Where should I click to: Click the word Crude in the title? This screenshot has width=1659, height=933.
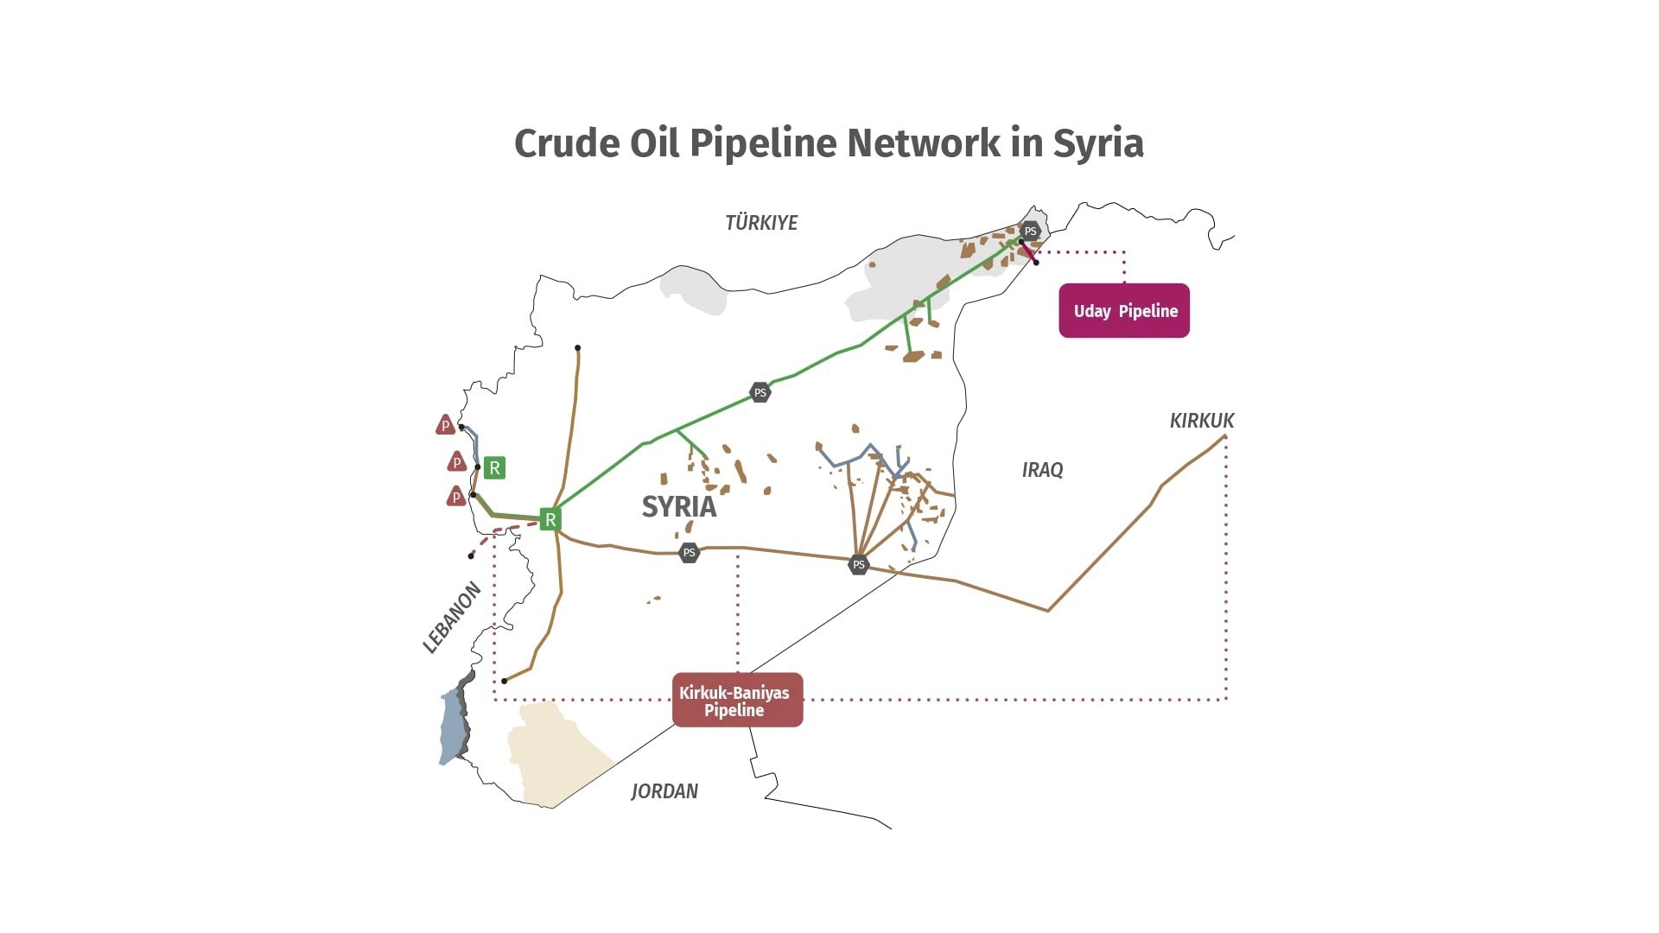point(567,143)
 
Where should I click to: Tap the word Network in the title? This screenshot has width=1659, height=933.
point(924,143)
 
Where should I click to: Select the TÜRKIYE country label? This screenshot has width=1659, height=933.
point(761,223)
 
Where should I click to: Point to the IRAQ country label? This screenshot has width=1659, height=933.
point(1042,470)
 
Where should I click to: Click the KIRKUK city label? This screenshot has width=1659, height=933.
point(1202,421)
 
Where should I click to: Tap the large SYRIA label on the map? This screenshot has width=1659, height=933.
point(679,507)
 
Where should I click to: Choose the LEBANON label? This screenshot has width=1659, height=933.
point(452,618)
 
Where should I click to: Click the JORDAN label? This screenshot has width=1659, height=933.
point(664,791)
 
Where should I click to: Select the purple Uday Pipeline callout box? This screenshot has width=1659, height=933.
point(1124,310)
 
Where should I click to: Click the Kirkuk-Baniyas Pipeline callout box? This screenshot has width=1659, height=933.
point(737,700)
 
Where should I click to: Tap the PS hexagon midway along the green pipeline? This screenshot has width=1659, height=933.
point(760,392)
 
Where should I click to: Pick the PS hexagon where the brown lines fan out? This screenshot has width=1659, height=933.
point(858,565)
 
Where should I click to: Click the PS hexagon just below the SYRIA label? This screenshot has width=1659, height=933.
point(689,552)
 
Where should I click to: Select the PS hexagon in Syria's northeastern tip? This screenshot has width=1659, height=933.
point(1030,232)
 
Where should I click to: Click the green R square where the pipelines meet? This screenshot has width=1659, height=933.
point(550,519)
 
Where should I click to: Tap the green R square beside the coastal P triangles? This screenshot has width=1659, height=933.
point(494,468)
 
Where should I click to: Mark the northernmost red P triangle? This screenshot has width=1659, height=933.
point(445,424)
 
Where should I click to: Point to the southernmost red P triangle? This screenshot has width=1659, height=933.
point(455,496)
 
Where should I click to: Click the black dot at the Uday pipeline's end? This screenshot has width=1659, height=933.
point(1036,262)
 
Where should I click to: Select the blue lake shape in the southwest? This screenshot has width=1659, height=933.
point(453,726)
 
